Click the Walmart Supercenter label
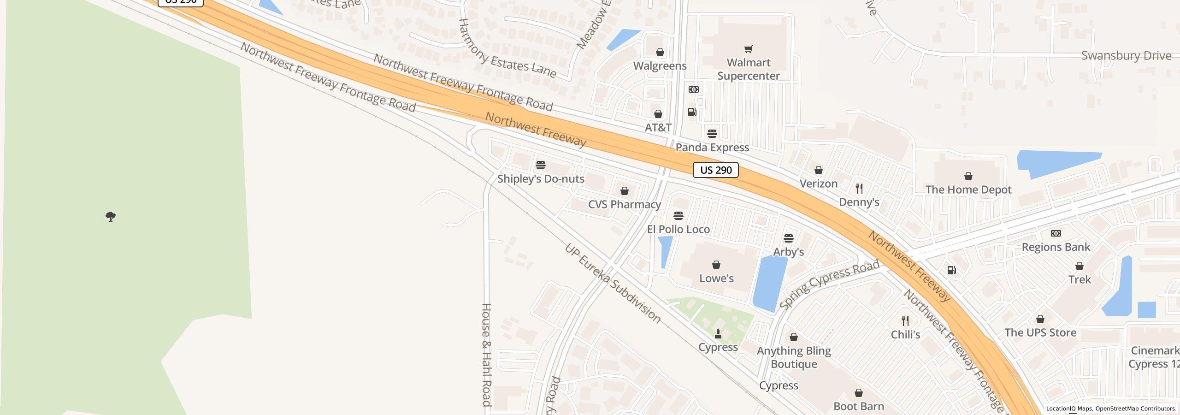click(x=748, y=69)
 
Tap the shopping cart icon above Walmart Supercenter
click(x=749, y=49)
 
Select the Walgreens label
click(x=660, y=66)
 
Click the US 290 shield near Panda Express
click(x=715, y=170)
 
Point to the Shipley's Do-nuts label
click(x=540, y=179)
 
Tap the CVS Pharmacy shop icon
click(x=624, y=191)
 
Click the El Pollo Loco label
click(x=678, y=229)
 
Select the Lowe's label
click(x=716, y=279)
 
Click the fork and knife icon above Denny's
click(x=859, y=189)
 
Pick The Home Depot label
click(x=968, y=190)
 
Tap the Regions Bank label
click(x=1056, y=247)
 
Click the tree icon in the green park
click(x=111, y=216)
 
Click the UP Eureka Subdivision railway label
click(x=613, y=283)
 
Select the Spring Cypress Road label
click(x=829, y=285)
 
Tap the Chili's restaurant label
click(x=905, y=335)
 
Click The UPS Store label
click(x=1040, y=333)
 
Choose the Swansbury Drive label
click(x=1126, y=56)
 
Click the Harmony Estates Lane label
click(x=507, y=49)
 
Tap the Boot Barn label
click(x=858, y=407)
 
